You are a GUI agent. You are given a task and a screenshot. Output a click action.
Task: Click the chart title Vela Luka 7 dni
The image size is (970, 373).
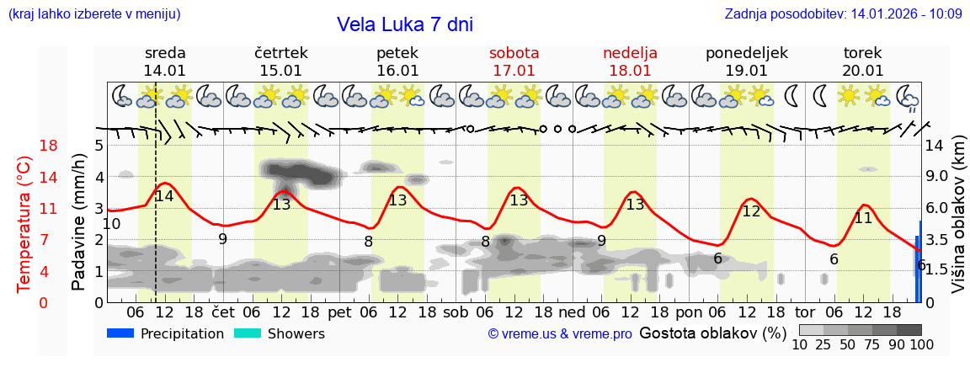coord(405,24)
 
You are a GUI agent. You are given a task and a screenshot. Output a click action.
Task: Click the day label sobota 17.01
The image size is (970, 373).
coord(514,61)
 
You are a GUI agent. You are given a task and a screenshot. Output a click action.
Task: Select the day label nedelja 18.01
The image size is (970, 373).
coord(631,61)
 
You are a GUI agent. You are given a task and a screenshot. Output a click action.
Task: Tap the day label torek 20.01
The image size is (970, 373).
coord(863,61)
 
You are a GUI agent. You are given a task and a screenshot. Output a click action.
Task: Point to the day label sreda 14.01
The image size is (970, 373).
coord(165,61)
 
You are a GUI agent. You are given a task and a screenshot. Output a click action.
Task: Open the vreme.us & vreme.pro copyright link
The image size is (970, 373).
coord(560,333)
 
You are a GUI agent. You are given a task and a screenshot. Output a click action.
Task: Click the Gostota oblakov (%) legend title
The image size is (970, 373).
coord(712,333)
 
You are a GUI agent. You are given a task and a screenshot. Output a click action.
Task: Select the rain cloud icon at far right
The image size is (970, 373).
coord(909,97)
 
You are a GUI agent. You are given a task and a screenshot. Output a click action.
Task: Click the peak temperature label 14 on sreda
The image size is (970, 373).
coord(164,196)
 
